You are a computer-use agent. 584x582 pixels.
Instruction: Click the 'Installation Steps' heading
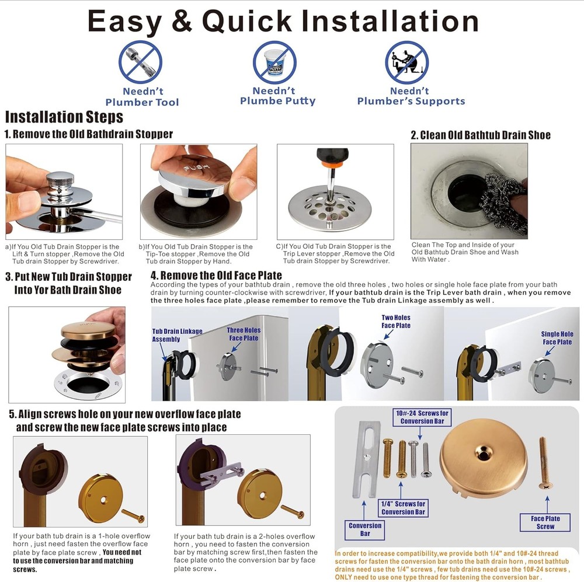(x=64, y=117)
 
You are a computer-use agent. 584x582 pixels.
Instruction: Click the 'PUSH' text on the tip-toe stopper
(x=196, y=169)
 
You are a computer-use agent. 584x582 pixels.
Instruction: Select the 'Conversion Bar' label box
(x=365, y=529)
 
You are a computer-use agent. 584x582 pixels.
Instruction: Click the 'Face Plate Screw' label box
(x=545, y=522)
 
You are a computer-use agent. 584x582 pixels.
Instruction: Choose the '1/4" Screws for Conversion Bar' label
(x=404, y=508)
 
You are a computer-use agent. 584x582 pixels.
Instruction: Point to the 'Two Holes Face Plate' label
(x=396, y=322)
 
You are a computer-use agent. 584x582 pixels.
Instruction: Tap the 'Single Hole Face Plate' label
(x=557, y=338)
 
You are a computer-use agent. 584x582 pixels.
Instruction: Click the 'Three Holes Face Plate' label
(x=244, y=334)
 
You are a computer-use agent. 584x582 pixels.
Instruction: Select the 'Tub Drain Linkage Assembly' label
(x=177, y=335)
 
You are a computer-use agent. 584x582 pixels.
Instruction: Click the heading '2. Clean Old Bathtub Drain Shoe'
(x=481, y=135)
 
